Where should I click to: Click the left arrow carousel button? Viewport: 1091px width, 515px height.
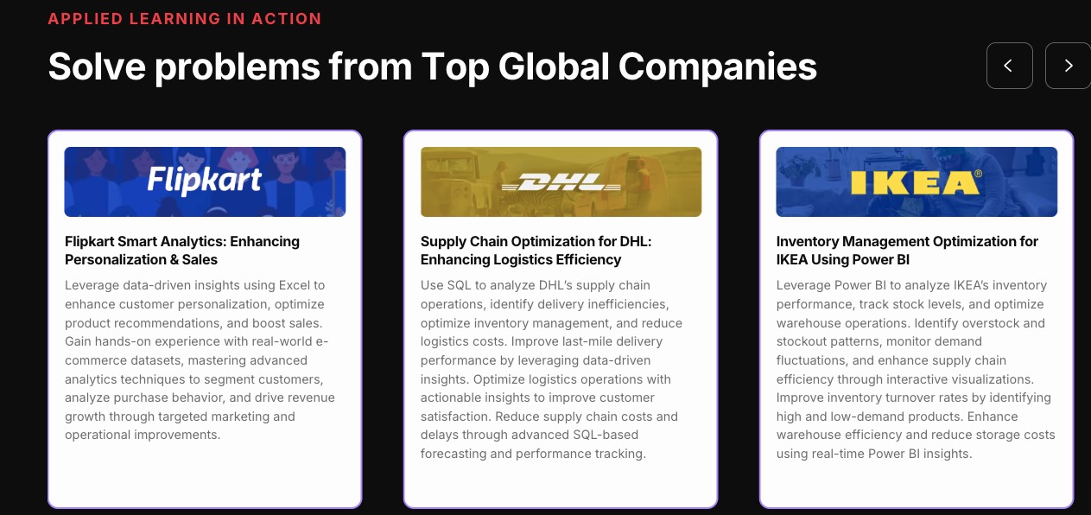[x=1009, y=66]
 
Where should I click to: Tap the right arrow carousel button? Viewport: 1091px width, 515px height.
[x=1068, y=66]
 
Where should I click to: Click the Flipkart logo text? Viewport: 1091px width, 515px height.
[x=205, y=181]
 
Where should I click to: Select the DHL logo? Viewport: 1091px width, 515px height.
[x=561, y=182]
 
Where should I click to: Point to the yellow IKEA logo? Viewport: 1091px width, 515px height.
[x=915, y=182]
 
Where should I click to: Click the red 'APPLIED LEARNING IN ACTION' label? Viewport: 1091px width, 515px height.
[x=185, y=19]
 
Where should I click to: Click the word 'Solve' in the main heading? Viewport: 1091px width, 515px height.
[x=97, y=67]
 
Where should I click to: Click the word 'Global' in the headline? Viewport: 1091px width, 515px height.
[x=554, y=67]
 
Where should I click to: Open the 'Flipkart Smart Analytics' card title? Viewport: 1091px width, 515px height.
[x=182, y=251]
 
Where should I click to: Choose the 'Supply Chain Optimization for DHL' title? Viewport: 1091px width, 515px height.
[x=536, y=251]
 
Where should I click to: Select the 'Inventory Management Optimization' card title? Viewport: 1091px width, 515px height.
[x=907, y=251]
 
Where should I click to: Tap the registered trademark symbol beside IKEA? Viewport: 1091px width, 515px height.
[x=978, y=174]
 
